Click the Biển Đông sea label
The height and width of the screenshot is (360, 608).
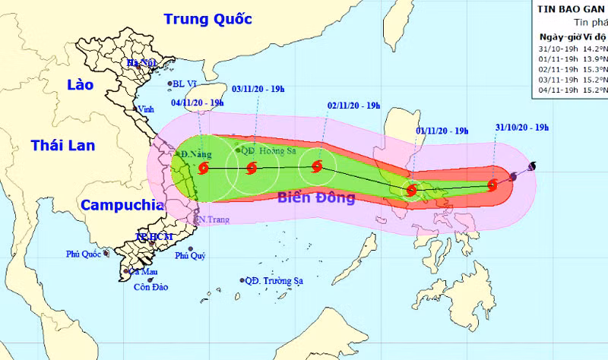click(x=316, y=199)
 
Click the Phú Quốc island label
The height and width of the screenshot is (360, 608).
click(x=84, y=254)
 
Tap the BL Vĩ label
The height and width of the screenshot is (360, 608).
click(x=185, y=84)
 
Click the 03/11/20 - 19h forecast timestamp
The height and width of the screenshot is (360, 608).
click(x=258, y=90)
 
